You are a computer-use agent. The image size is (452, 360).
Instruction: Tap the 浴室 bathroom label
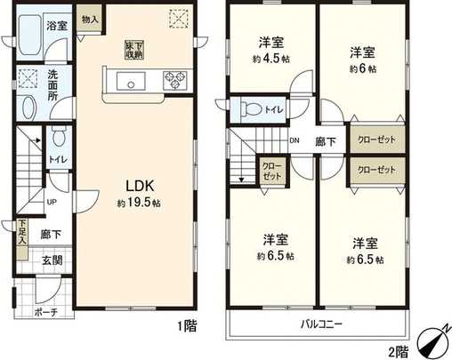pyautogui.click(x=57, y=27)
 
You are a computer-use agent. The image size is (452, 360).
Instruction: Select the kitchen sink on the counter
pyautogui.click(x=132, y=84)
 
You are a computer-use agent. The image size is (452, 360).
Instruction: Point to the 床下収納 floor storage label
pyautogui.click(x=133, y=50)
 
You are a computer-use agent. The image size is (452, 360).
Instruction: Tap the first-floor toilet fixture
pyautogui.click(x=58, y=139)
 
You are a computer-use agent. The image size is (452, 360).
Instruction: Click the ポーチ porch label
pyautogui.click(x=45, y=313)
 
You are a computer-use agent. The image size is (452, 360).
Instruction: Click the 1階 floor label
pyautogui.click(x=186, y=325)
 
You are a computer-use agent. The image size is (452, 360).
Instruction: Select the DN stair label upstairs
pyautogui.click(x=295, y=140)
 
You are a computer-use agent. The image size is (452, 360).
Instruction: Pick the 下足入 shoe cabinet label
pyautogui.click(x=22, y=233)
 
